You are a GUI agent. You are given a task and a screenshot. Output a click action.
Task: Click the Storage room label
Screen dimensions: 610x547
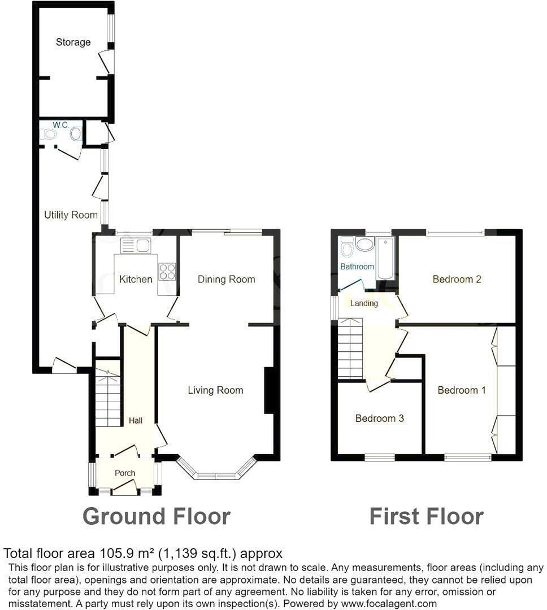[x=73, y=42]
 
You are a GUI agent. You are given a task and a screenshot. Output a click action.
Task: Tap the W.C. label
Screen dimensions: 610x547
[x=60, y=124]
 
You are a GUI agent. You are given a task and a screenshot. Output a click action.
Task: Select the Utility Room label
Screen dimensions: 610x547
[x=71, y=215]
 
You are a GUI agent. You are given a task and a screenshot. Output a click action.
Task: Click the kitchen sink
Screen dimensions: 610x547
[x=136, y=246]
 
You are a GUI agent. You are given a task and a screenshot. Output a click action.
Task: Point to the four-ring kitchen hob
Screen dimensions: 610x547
[x=167, y=272]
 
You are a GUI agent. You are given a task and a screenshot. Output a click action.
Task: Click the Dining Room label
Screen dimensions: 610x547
[x=226, y=279]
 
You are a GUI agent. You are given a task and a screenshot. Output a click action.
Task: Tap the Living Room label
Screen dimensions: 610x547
[x=215, y=390]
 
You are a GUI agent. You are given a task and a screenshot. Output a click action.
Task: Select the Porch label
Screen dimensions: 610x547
[x=125, y=473]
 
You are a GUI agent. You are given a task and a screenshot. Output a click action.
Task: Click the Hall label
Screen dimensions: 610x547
[x=136, y=420]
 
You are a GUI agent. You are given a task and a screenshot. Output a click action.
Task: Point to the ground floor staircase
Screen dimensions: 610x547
[x=108, y=399]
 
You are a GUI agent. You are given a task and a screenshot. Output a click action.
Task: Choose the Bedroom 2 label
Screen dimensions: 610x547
[x=457, y=279]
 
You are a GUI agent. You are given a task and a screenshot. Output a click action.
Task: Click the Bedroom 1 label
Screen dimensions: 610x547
[x=462, y=390]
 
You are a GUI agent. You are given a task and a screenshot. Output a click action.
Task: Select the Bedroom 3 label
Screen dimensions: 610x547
[x=379, y=418]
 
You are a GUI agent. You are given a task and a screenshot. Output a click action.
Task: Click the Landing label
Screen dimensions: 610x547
[x=364, y=303]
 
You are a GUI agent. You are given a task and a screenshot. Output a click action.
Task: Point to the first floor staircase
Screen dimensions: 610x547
[x=350, y=348]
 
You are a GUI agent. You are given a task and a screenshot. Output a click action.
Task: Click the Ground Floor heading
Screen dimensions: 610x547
[x=157, y=516]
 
